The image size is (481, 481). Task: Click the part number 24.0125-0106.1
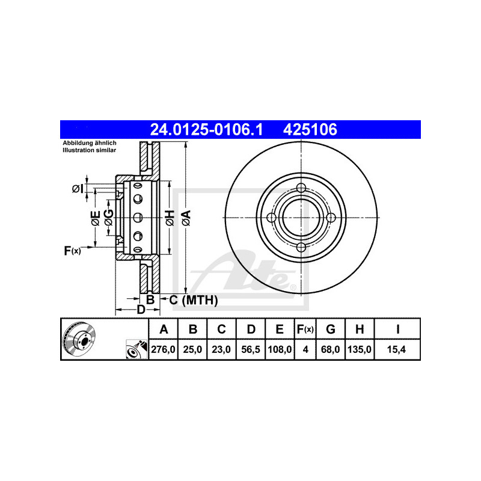tap(206, 129)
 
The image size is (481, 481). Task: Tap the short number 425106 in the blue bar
tap(310, 129)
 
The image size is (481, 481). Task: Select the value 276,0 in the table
tap(163, 349)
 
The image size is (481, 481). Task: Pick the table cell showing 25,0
tap(192, 349)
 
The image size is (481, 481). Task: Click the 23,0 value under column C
tap(221, 349)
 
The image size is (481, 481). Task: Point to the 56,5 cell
tap(251, 349)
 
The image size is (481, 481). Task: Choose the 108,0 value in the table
tap(280, 349)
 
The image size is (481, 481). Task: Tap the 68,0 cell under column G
tap(330, 349)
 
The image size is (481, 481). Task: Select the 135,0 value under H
tap(360, 349)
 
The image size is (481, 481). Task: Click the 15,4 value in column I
tap(397, 349)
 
